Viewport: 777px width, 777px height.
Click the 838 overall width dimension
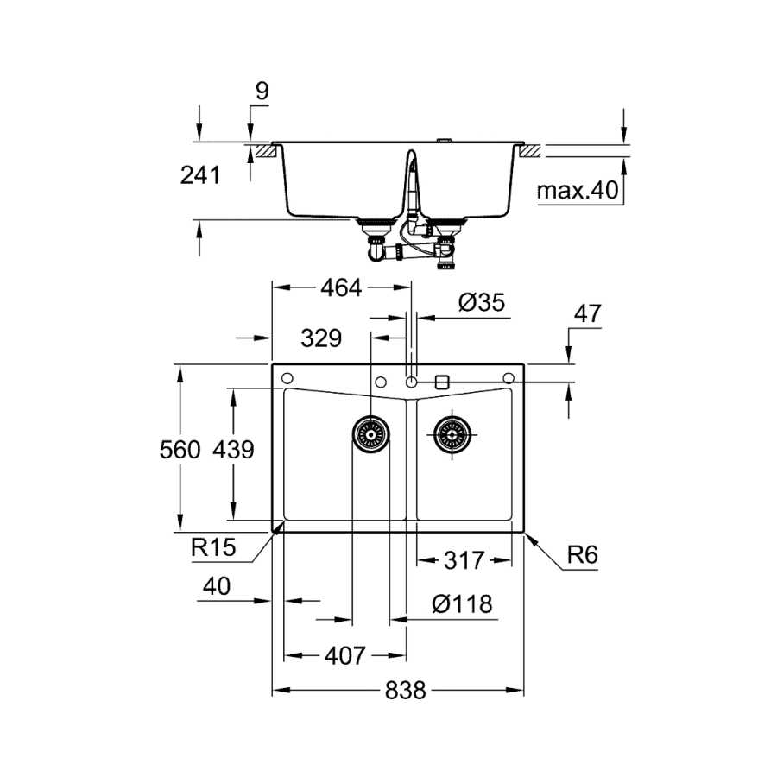tap(406, 691)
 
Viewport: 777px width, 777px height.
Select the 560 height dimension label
tap(180, 450)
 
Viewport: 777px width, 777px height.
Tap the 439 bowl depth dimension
tap(233, 450)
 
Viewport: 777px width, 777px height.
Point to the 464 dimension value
tap(341, 287)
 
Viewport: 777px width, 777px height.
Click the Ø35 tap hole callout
tap(482, 302)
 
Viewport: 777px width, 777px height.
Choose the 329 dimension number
tap(321, 338)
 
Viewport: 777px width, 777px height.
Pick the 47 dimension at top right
tap(587, 313)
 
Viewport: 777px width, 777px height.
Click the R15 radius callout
tap(213, 547)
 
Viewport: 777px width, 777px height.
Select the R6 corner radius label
tap(582, 555)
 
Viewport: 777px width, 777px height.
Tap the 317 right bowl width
tap(464, 561)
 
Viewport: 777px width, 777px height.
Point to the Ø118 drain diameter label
tap(462, 604)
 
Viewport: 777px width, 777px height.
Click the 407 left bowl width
tap(344, 656)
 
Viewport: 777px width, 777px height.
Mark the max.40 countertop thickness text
tap(578, 190)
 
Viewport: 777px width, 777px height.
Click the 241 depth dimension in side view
tap(199, 175)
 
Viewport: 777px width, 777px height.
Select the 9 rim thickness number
tap(262, 92)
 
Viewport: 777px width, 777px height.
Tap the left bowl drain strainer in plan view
tap(370, 434)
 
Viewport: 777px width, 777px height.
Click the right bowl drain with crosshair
tap(452, 434)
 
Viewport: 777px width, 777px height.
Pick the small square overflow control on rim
tap(441, 382)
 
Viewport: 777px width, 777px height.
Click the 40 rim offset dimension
tap(217, 587)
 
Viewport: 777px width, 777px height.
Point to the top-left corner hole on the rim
tap(287, 379)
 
